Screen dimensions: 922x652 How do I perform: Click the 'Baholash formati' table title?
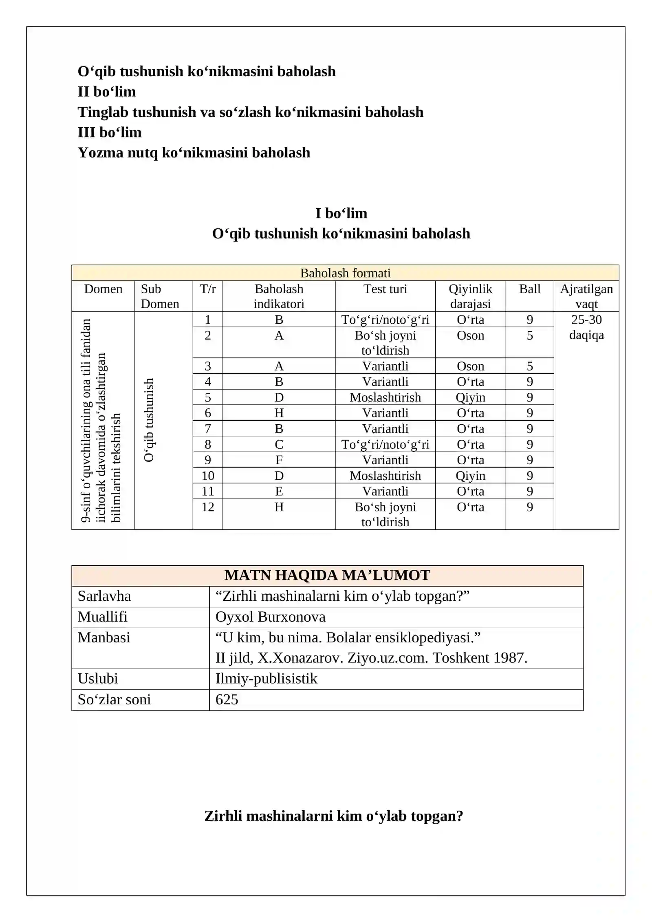(345, 273)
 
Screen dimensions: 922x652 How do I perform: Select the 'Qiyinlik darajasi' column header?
(470, 296)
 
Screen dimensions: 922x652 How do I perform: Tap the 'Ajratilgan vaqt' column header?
(586, 296)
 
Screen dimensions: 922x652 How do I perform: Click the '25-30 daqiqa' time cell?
(586, 327)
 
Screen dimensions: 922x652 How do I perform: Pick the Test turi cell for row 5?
(385, 397)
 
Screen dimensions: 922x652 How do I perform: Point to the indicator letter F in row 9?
(279, 460)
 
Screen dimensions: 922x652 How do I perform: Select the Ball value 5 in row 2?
(529, 335)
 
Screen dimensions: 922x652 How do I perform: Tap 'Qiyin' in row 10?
(470, 476)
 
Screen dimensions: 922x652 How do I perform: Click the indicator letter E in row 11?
(279, 491)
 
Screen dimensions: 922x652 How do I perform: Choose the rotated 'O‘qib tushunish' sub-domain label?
(149, 420)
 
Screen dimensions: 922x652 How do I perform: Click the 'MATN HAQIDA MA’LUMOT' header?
(327, 575)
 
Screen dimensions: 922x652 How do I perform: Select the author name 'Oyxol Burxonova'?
(270, 617)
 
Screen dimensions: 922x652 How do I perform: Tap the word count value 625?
(227, 699)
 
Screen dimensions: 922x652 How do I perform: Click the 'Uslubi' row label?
(98, 679)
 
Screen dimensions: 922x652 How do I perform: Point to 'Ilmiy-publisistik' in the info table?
(266, 679)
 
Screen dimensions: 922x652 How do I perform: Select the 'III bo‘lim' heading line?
(110, 132)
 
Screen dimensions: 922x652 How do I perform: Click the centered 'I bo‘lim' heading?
(341, 213)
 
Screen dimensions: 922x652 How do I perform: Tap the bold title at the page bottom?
(333, 816)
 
